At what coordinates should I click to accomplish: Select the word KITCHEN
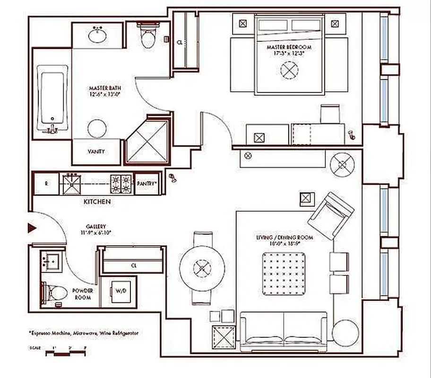pyautogui.click(x=97, y=202)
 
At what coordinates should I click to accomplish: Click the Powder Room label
pyautogui.click(x=83, y=294)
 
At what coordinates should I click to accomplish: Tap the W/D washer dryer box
pyautogui.click(x=118, y=292)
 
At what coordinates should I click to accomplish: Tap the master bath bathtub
pyautogui.click(x=52, y=102)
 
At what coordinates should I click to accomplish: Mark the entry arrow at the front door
pyautogui.click(x=33, y=228)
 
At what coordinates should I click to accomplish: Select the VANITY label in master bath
pyautogui.click(x=96, y=152)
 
